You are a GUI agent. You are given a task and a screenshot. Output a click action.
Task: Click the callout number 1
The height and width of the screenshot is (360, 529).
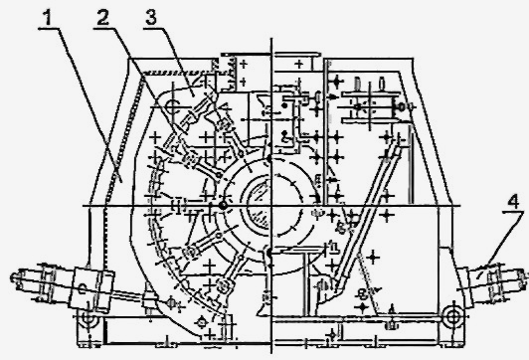click(48, 18)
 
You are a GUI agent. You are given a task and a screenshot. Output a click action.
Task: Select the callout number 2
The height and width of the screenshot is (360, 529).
click(102, 18)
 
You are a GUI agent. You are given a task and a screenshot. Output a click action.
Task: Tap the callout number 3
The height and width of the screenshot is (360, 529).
click(151, 18)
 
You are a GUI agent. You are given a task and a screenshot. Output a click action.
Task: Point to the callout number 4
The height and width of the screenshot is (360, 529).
click(513, 202)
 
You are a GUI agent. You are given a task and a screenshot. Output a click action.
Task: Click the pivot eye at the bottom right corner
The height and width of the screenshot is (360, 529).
click(451, 317)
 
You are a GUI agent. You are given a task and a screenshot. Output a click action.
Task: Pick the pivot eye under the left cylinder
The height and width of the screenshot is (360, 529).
click(88, 318)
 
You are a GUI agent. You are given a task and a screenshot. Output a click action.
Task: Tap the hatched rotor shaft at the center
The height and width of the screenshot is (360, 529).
click(260, 205)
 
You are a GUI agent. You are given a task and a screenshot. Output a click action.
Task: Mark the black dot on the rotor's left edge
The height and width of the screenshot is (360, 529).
click(222, 205)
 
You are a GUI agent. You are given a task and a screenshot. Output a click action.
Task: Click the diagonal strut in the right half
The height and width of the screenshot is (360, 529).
click(367, 216)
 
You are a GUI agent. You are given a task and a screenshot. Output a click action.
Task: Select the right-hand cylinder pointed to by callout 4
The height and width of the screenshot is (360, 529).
click(495, 279)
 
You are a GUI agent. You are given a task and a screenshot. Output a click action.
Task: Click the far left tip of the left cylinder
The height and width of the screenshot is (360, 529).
click(12, 277)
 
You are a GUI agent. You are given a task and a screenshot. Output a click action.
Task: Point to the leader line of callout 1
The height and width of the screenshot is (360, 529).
click(90, 105)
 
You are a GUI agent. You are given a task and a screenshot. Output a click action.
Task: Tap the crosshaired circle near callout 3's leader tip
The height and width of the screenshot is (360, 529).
click(174, 106)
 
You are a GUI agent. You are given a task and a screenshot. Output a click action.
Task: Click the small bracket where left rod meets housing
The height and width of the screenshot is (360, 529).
click(149, 298)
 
